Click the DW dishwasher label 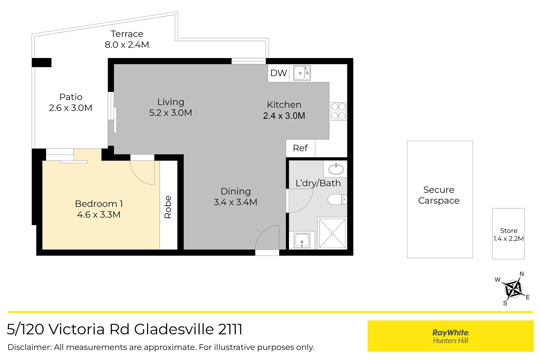278,73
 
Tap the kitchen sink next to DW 302,73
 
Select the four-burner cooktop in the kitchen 338,111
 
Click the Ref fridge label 300,148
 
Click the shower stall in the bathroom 332,233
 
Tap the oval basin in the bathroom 336,169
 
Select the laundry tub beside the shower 302,240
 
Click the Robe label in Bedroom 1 168,207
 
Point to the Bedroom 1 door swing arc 142,173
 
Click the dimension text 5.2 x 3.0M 170,113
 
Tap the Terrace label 127,34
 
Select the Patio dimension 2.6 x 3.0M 70,108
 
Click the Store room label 508,231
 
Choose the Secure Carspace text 439,195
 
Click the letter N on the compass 521,274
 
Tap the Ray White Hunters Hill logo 450,336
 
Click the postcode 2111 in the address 230,329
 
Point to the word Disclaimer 29,347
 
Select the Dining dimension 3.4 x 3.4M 235,202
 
